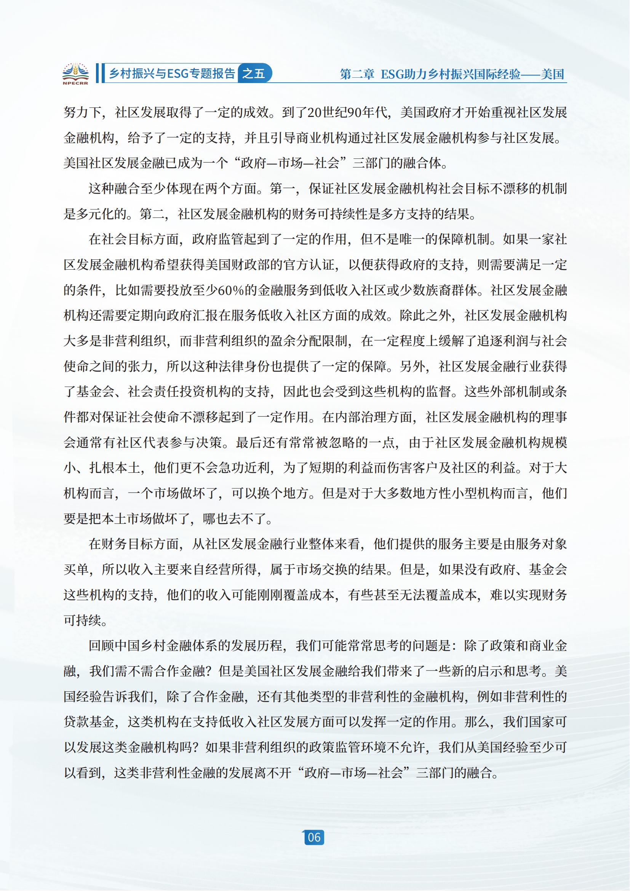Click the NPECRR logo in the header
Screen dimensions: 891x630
(75, 74)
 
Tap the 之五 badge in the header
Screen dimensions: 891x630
(254, 74)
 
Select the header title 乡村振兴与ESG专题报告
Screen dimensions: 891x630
(172, 74)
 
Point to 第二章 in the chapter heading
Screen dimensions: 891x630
(357, 74)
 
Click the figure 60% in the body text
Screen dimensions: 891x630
(231, 290)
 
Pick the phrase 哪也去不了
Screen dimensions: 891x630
(237, 519)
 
